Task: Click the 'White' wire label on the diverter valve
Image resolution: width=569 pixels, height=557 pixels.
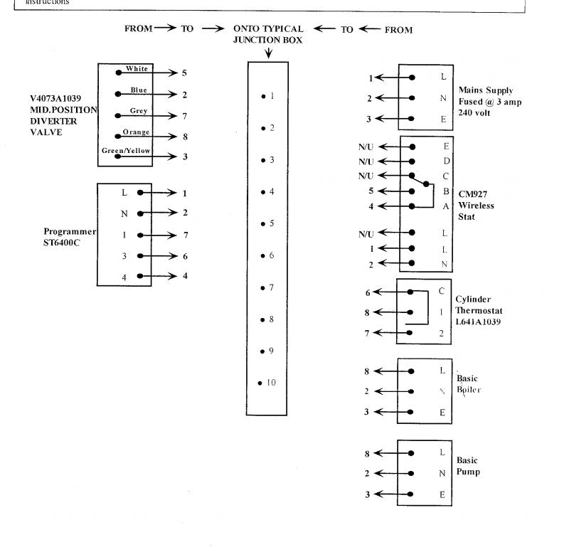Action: point(137,69)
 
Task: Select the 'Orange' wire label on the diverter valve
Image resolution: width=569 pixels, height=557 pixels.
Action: point(135,132)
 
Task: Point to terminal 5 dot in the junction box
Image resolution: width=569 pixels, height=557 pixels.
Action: point(262,224)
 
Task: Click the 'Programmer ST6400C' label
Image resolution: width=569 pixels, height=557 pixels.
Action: point(69,237)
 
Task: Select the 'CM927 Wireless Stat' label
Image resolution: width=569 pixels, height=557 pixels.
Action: point(476,206)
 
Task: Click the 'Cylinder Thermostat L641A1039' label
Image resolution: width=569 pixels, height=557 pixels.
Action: point(479,311)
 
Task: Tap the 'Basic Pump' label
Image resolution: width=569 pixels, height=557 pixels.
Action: point(468,466)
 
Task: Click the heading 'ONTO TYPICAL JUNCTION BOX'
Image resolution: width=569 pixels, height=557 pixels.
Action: point(268,34)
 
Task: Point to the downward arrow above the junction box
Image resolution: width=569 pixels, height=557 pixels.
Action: point(268,52)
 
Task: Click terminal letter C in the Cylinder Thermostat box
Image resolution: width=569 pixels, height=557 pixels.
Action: point(442,291)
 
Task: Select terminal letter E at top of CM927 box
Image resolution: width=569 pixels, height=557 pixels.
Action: point(445,147)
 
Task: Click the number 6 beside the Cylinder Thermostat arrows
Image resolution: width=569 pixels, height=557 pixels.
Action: point(368,292)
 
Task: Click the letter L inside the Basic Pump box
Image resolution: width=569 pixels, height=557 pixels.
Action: point(442,452)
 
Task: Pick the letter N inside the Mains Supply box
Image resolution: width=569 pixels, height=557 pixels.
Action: point(443,99)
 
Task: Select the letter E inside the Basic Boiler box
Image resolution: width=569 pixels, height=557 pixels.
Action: point(442,412)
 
